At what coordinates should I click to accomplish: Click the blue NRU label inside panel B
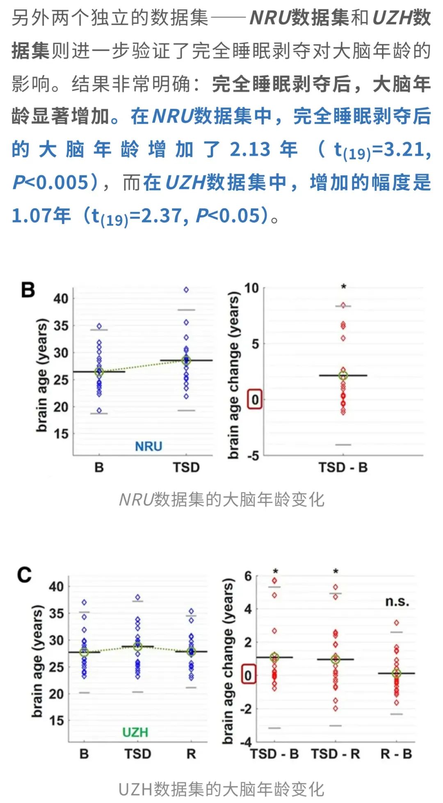(x=148, y=446)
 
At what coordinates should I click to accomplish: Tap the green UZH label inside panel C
(x=135, y=732)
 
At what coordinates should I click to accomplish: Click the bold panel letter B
(x=28, y=290)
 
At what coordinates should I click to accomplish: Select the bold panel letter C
(x=24, y=575)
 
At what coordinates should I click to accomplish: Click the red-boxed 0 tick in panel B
(x=255, y=399)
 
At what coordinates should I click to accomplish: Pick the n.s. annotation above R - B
(x=397, y=601)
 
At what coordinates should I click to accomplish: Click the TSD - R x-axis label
(x=335, y=754)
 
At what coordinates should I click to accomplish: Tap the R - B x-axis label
(x=396, y=754)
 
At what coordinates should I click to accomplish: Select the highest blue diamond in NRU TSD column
(x=186, y=290)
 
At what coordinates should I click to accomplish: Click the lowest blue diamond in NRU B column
(x=99, y=411)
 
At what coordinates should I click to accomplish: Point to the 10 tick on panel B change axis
(x=252, y=288)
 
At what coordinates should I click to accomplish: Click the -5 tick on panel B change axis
(x=253, y=455)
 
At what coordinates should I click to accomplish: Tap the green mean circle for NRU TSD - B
(x=343, y=376)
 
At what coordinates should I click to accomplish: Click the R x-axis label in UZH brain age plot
(x=191, y=754)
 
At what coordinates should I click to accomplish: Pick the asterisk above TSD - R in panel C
(x=336, y=572)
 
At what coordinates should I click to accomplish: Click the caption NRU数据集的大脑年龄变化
(x=221, y=500)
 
